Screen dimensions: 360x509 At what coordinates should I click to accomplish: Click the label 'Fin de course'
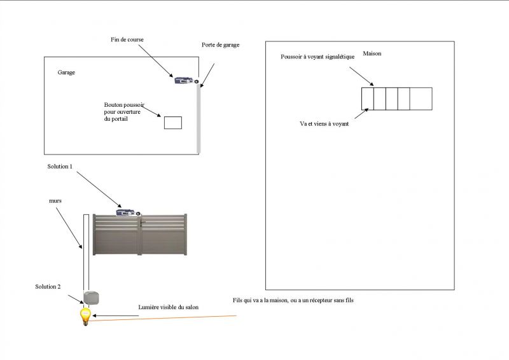(x=127, y=39)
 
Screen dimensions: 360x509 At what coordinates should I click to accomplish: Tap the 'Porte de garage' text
(x=220, y=45)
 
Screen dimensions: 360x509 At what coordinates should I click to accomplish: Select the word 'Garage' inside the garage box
(x=66, y=73)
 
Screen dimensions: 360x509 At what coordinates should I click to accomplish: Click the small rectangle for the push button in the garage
(x=173, y=123)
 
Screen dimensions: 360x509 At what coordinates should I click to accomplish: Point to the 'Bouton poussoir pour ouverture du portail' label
(x=124, y=112)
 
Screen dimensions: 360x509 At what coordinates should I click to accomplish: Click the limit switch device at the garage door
(x=185, y=80)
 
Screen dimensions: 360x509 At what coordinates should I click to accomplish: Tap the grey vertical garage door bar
(x=199, y=118)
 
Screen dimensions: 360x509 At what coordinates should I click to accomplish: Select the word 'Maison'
(x=372, y=53)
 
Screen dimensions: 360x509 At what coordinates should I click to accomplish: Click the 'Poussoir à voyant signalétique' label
(x=317, y=57)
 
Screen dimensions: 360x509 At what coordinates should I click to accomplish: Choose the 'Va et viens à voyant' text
(x=324, y=123)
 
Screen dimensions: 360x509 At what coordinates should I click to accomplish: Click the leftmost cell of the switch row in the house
(x=367, y=99)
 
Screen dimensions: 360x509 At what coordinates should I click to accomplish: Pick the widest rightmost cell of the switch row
(x=421, y=99)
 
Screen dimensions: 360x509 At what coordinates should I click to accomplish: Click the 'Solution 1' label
(x=60, y=166)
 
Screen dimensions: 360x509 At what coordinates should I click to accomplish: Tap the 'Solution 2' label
(x=48, y=287)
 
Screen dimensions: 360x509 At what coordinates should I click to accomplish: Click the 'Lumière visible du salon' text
(x=169, y=307)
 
